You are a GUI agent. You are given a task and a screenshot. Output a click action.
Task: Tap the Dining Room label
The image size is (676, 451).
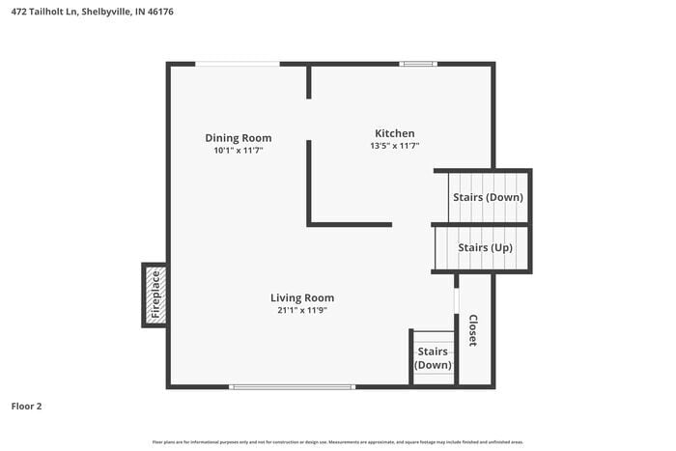point(238,137)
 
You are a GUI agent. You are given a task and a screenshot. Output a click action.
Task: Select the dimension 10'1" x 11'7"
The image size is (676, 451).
point(238,151)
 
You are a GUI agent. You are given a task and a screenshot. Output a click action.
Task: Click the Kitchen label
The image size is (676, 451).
point(395,133)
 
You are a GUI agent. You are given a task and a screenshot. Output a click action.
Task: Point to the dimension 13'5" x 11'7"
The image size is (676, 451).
point(395,147)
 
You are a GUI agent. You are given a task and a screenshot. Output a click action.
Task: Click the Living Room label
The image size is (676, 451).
point(302,297)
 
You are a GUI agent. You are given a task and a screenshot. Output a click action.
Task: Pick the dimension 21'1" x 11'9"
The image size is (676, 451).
point(302,310)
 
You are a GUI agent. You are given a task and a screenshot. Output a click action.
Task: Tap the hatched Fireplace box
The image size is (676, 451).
point(155,295)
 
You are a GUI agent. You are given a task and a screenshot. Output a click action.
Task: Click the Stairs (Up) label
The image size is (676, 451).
point(485,247)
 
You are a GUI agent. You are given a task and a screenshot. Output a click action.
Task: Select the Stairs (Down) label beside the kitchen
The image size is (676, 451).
point(488,197)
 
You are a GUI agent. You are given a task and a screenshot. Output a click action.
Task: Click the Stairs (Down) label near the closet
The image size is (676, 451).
point(433,358)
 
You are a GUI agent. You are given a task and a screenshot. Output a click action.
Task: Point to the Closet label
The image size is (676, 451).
point(473,330)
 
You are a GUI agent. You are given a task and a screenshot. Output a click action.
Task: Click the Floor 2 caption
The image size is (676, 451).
point(27,407)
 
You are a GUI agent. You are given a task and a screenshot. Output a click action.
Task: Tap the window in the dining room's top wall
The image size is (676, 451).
point(238,64)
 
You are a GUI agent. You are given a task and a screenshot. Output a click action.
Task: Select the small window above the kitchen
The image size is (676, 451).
point(418,64)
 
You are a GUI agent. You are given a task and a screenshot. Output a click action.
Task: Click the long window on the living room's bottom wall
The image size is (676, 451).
point(293,386)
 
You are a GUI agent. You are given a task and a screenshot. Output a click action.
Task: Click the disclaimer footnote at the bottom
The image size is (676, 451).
point(337,441)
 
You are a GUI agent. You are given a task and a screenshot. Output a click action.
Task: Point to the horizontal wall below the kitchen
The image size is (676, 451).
point(350,224)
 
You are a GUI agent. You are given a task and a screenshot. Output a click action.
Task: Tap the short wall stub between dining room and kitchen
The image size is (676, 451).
point(309,82)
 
